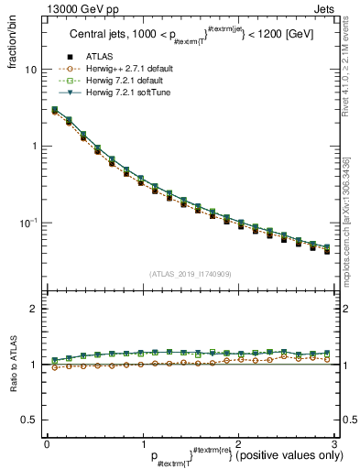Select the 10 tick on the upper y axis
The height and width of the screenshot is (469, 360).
30,70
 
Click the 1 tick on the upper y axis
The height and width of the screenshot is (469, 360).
33,147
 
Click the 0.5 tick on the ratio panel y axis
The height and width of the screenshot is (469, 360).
27,420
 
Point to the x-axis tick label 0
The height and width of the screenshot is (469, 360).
47,443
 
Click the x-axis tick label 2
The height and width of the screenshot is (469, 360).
238,443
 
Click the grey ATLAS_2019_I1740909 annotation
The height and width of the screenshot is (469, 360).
190,274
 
